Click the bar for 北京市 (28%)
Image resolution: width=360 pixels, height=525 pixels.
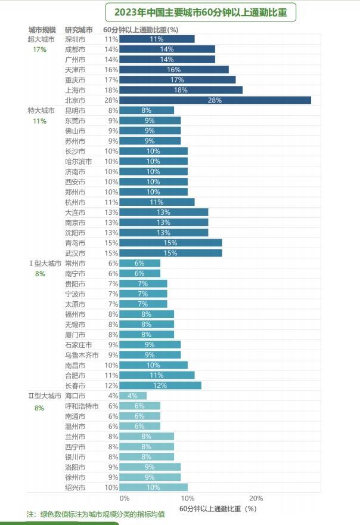[215, 100]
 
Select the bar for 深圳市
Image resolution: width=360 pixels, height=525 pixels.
[157, 39]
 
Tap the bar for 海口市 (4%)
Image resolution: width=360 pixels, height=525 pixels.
[133, 396]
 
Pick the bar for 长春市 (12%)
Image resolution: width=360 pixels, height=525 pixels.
[160, 385]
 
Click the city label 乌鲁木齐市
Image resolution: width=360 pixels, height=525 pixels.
[82, 355]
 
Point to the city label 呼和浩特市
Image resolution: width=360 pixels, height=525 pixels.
[82, 406]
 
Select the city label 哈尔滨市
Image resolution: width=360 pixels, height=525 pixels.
[78, 162]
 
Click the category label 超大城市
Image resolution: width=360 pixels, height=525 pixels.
[41, 39]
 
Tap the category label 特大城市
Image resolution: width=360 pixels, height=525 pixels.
[41, 110]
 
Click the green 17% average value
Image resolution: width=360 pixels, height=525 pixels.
[39, 50]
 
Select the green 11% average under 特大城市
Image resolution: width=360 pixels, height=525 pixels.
[39, 121]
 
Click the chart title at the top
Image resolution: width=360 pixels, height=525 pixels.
[200, 12]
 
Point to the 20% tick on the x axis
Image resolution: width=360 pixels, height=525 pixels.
[256, 498]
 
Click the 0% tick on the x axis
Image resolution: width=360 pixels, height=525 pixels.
[124, 498]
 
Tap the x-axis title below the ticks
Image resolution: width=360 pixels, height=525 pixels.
[217, 509]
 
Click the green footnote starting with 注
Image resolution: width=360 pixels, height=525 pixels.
[95, 514]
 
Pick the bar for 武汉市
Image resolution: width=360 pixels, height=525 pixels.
[170, 253]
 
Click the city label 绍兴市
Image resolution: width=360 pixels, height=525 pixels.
[75, 487]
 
